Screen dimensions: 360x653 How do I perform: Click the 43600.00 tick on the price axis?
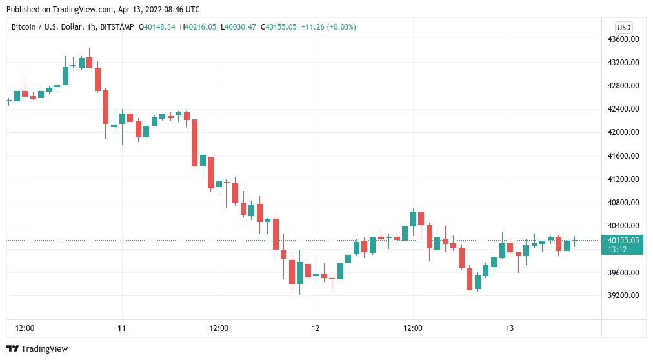(623, 39)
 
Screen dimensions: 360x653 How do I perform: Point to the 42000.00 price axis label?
(623, 132)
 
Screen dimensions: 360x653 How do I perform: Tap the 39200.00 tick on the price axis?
(623, 295)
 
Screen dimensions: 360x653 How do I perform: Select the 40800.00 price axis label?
(623, 203)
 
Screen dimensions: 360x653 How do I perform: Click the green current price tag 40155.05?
(623, 240)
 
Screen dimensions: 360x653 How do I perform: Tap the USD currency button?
(624, 27)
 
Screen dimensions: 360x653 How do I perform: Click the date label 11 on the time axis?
(121, 328)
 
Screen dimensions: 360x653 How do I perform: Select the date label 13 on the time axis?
(510, 328)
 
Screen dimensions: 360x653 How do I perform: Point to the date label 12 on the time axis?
(316, 328)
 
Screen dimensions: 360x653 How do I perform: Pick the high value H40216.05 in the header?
(199, 27)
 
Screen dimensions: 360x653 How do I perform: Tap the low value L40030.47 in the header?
(239, 27)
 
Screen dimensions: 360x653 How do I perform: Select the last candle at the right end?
(575, 241)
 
